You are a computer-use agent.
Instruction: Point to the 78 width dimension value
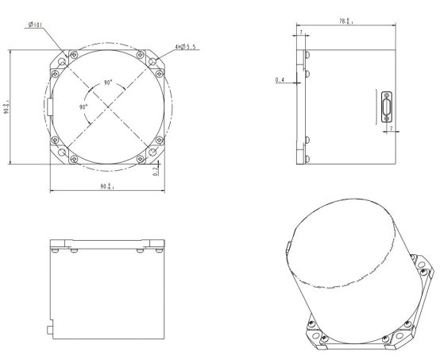(x=344, y=24)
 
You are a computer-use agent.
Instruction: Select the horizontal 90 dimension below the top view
(x=105, y=187)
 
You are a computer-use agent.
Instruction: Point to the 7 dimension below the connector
(x=389, y=128)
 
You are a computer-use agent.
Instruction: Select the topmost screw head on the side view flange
(x=307, y=56)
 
